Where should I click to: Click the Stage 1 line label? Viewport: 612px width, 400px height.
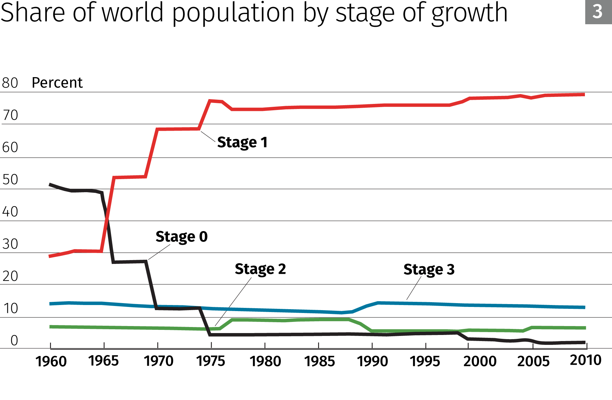[242, 142]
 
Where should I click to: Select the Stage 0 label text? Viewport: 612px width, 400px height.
[181, 237]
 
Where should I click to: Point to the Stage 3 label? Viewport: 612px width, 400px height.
[429, 270]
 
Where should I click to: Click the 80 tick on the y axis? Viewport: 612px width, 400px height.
[10, 83]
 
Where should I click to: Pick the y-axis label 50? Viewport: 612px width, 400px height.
[10, 180]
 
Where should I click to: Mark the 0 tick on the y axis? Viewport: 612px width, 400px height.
[14, 340]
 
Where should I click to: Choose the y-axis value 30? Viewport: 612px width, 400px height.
[10, 244]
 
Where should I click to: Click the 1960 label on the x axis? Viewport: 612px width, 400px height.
[51, 361]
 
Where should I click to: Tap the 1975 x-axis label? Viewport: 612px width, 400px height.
[210, 361]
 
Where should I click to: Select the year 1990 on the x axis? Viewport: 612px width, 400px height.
[372, 361]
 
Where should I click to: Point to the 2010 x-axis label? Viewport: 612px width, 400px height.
[585, 360]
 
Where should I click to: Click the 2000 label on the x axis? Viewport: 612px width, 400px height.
[480, 361]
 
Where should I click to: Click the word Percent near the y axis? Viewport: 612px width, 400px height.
[57, 83]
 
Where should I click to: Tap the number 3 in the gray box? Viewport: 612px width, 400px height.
[597, 12]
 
